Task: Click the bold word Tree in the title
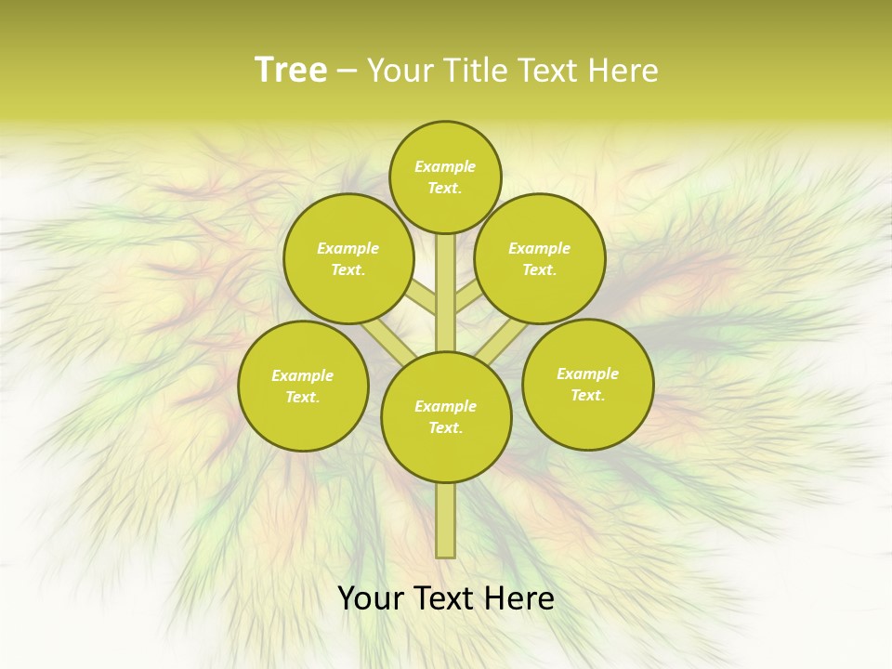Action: coord(290,71)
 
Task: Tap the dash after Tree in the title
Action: coord(347,72)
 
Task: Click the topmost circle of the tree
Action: coord(445,177)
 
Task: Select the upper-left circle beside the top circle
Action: coord(348,258)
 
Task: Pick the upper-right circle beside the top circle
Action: coord(540,258)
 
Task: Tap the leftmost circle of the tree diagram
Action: coord(303,386)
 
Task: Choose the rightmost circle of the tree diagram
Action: coord(587,384)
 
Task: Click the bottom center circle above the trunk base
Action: coord(445,416)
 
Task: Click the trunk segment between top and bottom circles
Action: coord(445,293)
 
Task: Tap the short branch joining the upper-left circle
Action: coord(423,298)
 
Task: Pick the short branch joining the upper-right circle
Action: coord(466,298)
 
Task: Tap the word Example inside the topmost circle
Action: coord(445,166)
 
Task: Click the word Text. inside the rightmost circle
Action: coord(587,395)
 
